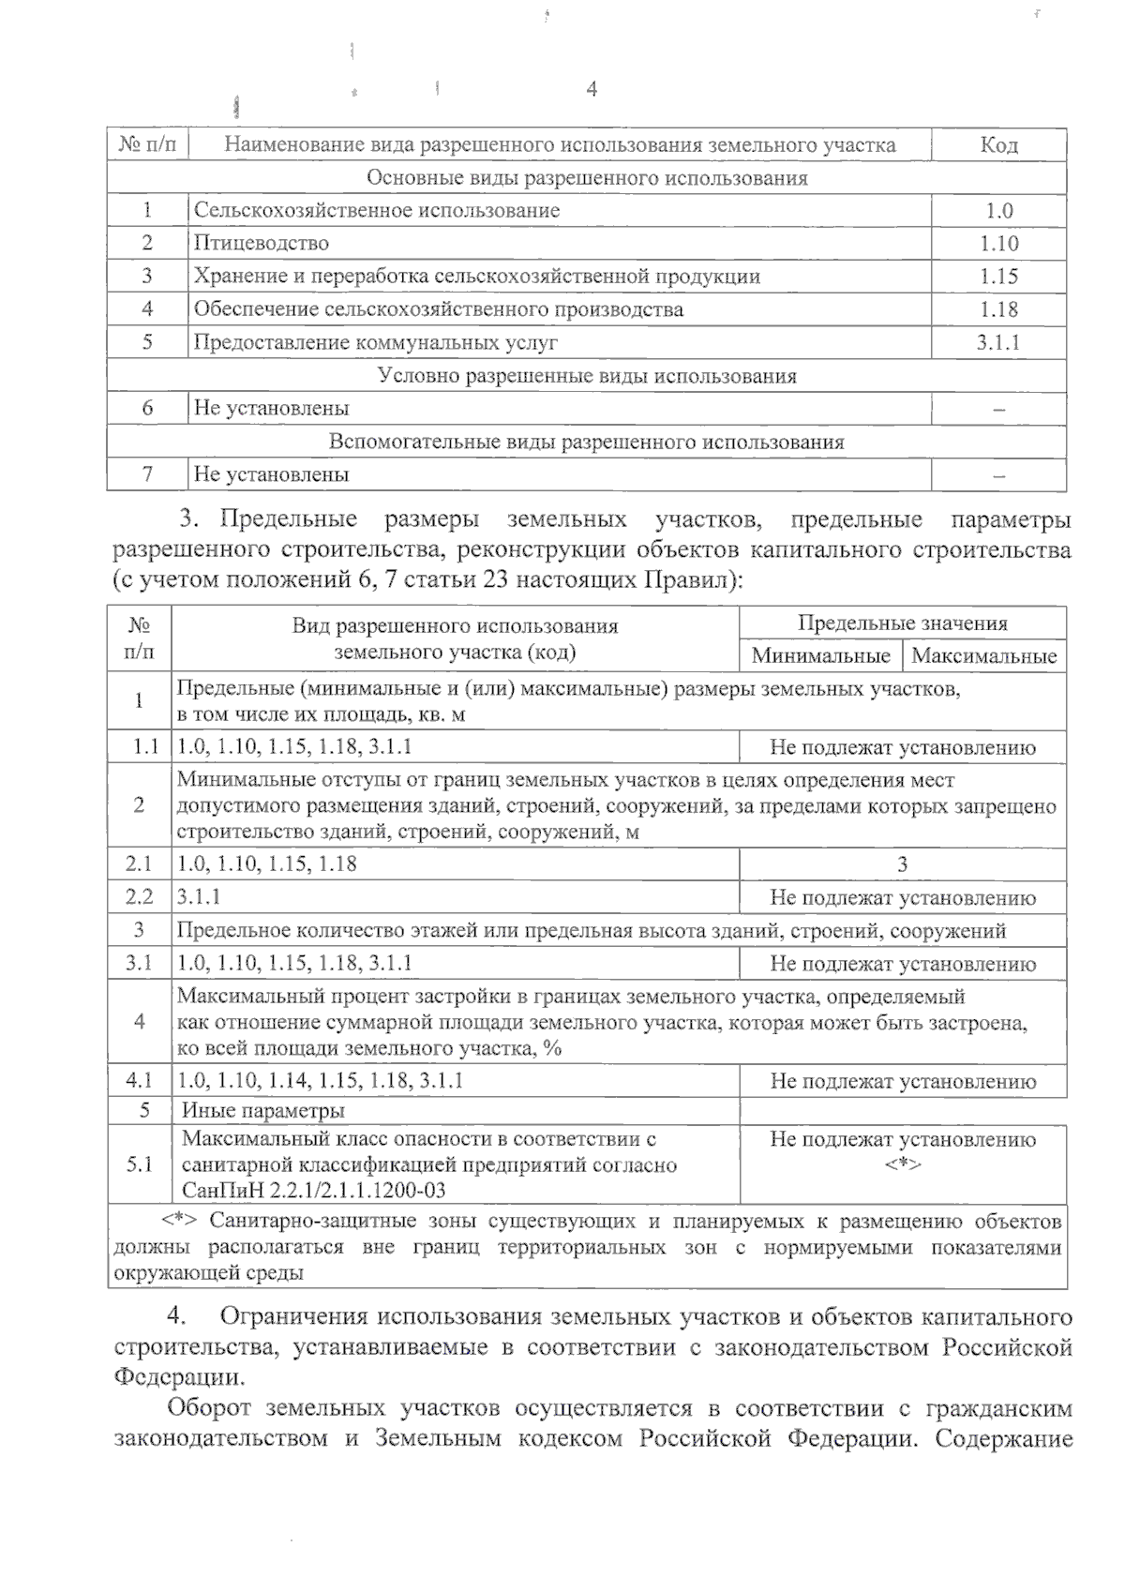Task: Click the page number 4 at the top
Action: point(592,89)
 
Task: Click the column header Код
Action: point(998,145)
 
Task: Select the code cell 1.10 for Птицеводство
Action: point(998,244)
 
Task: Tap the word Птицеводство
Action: point(262,244)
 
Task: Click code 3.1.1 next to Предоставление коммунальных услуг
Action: point(998,342)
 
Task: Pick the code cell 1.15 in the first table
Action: point(998,277)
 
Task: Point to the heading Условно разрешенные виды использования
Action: point(587,376)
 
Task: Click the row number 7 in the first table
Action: point(147,474)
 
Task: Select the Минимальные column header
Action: point(820,655)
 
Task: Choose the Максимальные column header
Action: point(983,655)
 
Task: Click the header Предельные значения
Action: point(902,623)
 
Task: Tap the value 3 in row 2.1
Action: point(902,864)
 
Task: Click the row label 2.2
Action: point(140,897)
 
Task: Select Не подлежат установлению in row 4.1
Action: point(902,1081)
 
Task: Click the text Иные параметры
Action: point(263,1111)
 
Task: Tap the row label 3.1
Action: point(140,964)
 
